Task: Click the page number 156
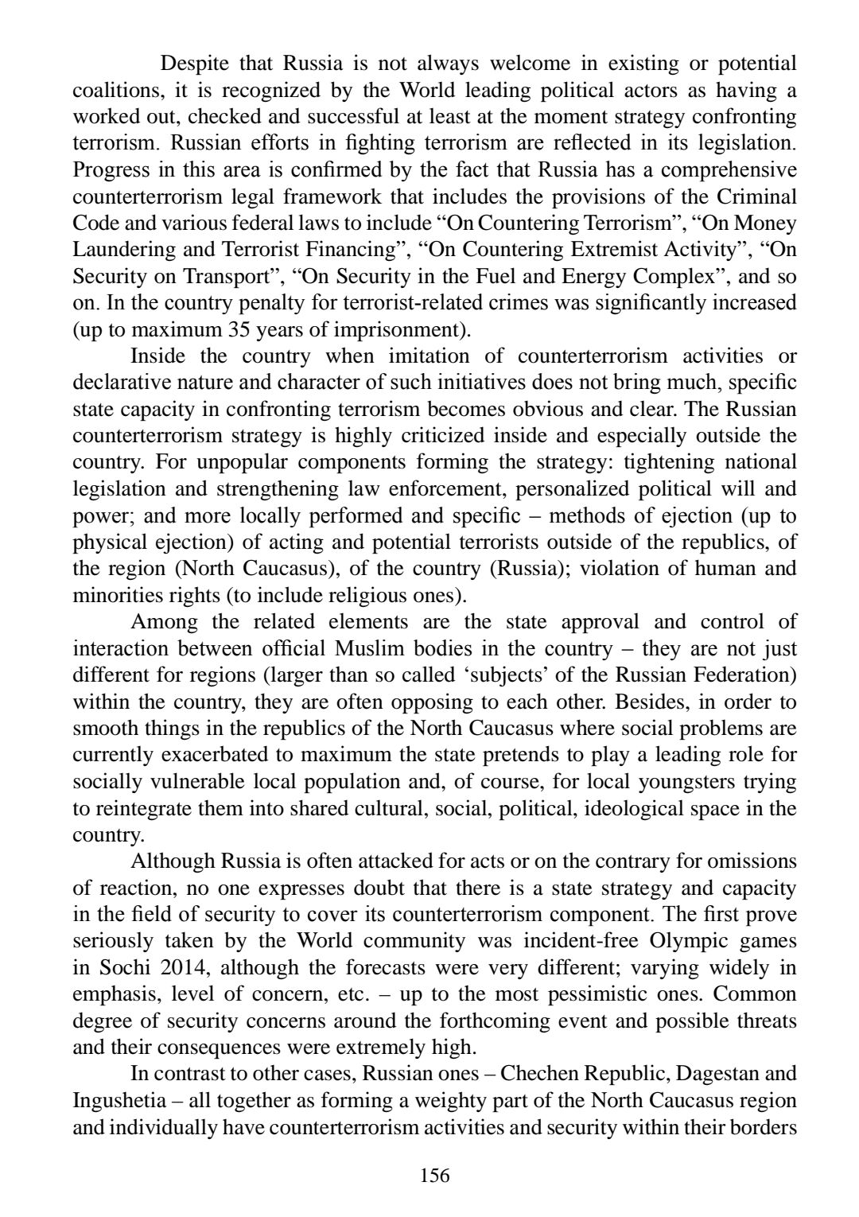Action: (x=434, y=1175)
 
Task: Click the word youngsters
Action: (x=681, y=782)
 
